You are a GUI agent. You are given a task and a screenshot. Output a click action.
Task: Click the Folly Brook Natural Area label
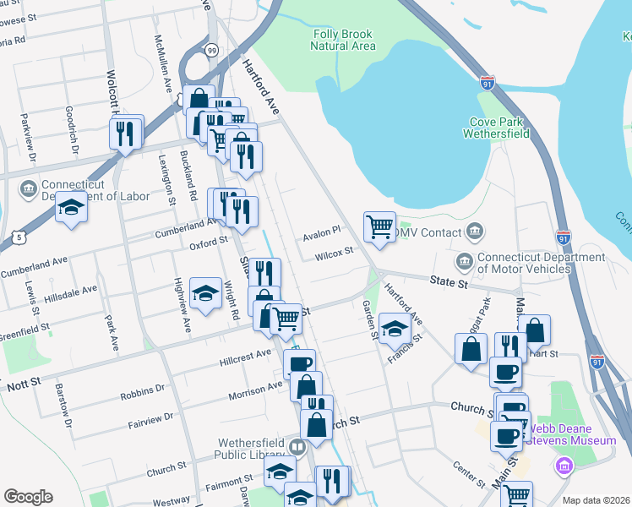(x=343, y=40)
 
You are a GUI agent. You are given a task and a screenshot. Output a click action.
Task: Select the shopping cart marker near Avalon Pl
(x=379, y=226)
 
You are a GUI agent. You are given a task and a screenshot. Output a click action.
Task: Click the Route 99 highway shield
(x=211, y=51)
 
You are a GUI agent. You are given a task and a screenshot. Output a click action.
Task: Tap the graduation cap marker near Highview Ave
(x=205, y=293)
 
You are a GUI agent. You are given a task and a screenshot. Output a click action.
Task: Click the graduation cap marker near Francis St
(x=395, y=329)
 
